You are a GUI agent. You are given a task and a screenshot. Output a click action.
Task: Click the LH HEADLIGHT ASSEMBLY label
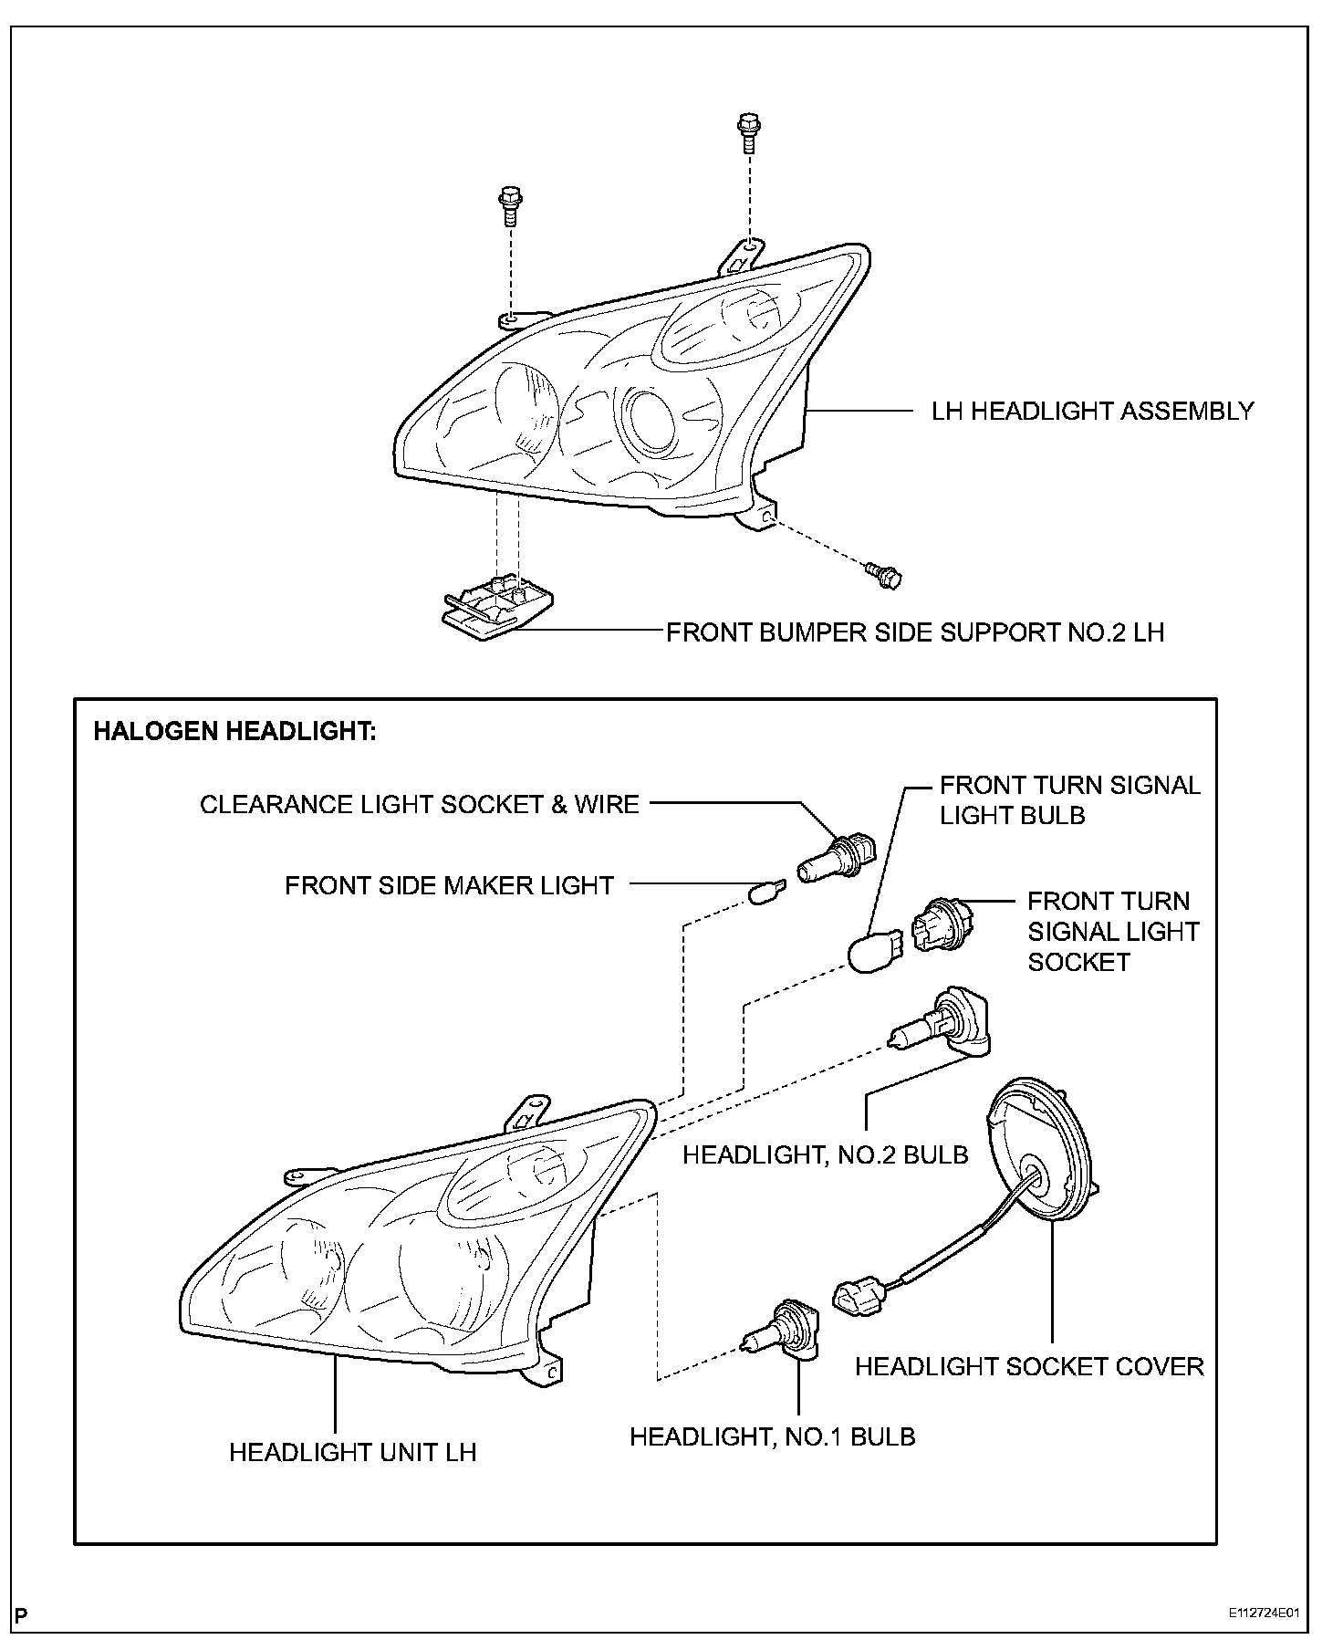pyautogui.click(x=1092, y=411)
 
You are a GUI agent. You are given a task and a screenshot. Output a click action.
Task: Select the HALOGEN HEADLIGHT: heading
pyautogui.click(x=234, y=731)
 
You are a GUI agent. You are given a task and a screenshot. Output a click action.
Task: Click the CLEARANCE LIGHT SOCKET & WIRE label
pyautogui.click(x=420, y=804)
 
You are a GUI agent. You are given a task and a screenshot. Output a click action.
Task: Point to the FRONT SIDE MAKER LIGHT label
pyautogui.click(x=449, y=885)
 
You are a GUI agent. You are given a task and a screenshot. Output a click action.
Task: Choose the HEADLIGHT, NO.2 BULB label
pyautogui.click(x=825, y=1154)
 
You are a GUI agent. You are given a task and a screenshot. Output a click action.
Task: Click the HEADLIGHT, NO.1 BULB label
pyautogui.click(x=772, y=1436)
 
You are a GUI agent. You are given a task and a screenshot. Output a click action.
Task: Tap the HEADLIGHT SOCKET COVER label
pyautogui.click(x=1029, y=1365)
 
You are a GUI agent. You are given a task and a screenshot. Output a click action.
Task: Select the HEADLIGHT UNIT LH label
pyautogui.click(x=352, y=1451)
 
